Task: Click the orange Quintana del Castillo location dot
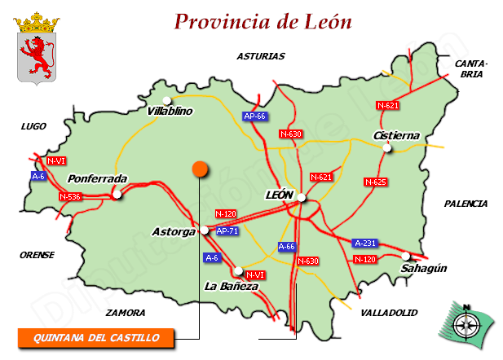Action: click(200, 169)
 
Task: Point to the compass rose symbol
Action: click(467, 322)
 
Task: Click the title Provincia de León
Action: click(263, 22)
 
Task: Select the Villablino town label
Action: click(170, 112)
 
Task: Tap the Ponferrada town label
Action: click(98, 178)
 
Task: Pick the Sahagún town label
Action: click(424, 268)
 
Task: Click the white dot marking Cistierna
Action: click(388, 147)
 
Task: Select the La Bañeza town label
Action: click(232, 287)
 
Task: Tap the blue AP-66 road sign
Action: click(255, 116)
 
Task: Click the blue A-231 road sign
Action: click(364, 243)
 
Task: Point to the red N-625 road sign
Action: click(375, 182)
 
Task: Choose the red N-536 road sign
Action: click(70, 196)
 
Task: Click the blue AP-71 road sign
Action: click(227, 231)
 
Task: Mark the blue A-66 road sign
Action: click(287, 246)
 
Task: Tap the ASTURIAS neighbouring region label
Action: click(261, 57)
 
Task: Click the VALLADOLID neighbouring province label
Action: click(389, 313)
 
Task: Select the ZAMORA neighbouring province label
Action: click(126, 313)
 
